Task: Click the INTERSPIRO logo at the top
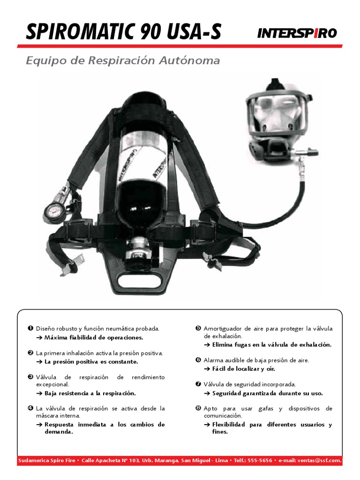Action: click(297, 33)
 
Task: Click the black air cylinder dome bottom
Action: click(136, 206)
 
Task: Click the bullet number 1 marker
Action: click(30, 329)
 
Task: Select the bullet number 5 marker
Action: click(198, 329)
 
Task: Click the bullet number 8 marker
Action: click(198, 408)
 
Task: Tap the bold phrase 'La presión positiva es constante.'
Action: click(91, 361)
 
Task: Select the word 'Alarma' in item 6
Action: click(214, 360)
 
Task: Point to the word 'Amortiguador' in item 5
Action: click(223, 329)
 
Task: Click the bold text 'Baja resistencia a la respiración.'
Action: click(90, 393)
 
